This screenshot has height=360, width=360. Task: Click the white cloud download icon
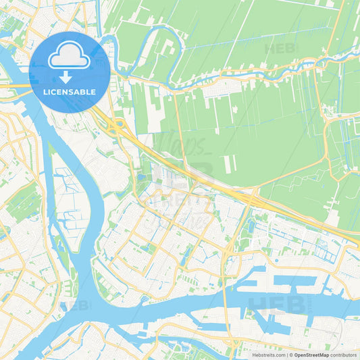pyautogui.click(x=70, y=57)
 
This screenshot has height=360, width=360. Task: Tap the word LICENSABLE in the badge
pyautogui.click(x=70, y=91)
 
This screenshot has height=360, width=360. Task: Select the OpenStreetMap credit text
pyautogui.click(x=311, y=354)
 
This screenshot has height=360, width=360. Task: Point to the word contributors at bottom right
pyautogui.click(x=344, y=354)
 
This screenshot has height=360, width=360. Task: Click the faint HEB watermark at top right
pyautogui.click(x=280, y=49)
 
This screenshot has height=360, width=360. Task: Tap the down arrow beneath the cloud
pyautogui.click(x=70, y=76)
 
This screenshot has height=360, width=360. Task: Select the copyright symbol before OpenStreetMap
pyautogui.click(x=290, y=354)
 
